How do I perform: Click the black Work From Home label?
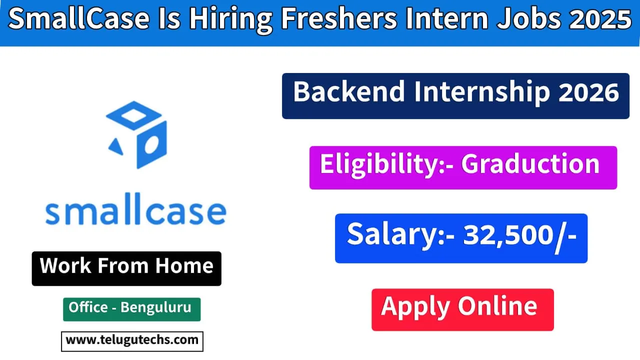point(126,266)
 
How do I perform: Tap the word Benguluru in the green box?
point(156,307)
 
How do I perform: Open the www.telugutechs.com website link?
point(132,340)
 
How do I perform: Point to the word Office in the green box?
point(88,307)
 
